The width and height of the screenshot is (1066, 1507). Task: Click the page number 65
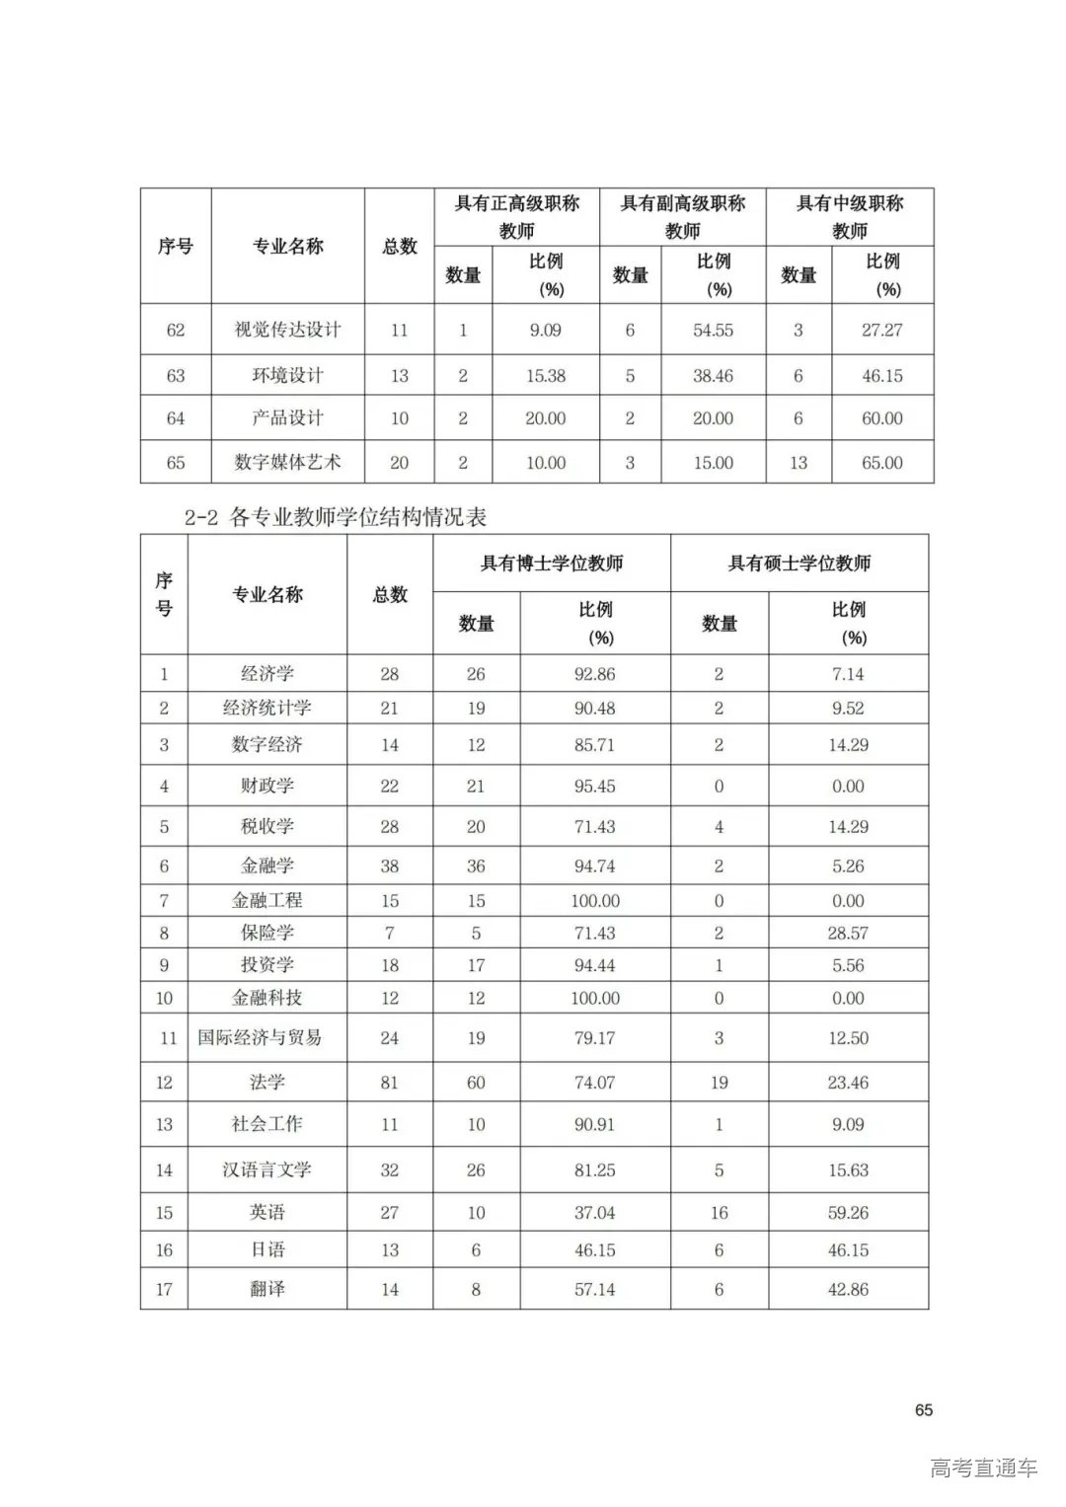coord(923,1409)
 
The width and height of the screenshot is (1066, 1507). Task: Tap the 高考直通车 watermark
coord(983,1468)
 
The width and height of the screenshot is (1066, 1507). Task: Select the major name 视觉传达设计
coord(287,330)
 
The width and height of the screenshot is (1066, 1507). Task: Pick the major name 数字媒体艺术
coord(287,462)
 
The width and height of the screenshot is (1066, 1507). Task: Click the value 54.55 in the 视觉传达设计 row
coord(713,331)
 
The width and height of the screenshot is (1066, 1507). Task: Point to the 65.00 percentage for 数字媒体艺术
coord(881,463)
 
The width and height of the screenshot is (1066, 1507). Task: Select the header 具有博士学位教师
coord(551,564)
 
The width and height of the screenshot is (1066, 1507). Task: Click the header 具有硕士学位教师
coord(799,564)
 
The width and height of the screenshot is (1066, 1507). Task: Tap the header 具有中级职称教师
coord(849,217)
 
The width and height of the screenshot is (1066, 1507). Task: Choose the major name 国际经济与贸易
coord(260,1037)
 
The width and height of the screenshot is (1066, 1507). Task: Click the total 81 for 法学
coord(389,1083)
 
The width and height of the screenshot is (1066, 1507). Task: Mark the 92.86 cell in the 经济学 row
coord(594,674)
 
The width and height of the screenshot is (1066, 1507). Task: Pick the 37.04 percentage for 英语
coord(594,1212)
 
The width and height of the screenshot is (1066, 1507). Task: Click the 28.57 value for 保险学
coord(848,933)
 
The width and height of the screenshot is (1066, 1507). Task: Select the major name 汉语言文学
coord(266,1169)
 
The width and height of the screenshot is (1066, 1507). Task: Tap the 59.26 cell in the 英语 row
coord(848,1212)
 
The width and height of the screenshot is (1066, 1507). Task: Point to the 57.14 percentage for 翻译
coord(594,1289)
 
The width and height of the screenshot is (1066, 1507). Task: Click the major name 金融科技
coord(266,998)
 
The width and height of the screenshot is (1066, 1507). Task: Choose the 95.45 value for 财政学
coord(594,787)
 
